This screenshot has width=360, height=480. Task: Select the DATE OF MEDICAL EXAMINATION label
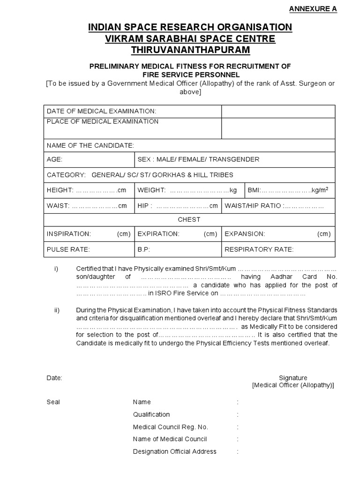pos(101,111)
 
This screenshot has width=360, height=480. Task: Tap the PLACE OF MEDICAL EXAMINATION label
pos(103,121)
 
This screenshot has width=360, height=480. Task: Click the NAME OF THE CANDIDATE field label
pos(90,146)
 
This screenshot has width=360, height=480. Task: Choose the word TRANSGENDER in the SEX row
pos(234,159)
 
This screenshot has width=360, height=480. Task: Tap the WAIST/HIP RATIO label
pos(253,206)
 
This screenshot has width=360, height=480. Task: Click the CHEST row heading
pos(189,219)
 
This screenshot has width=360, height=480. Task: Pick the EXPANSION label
pos(245,234)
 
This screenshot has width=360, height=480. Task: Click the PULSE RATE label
pos(68,249)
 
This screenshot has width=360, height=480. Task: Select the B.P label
pos(143,249)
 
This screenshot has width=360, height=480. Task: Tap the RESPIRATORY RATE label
pos(259,249)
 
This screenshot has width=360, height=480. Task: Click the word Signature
pos(293,378)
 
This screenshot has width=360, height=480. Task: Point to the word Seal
pos(53,402)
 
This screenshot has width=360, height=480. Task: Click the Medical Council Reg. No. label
pos(171,427)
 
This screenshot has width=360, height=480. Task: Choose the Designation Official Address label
pos(175,451)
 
